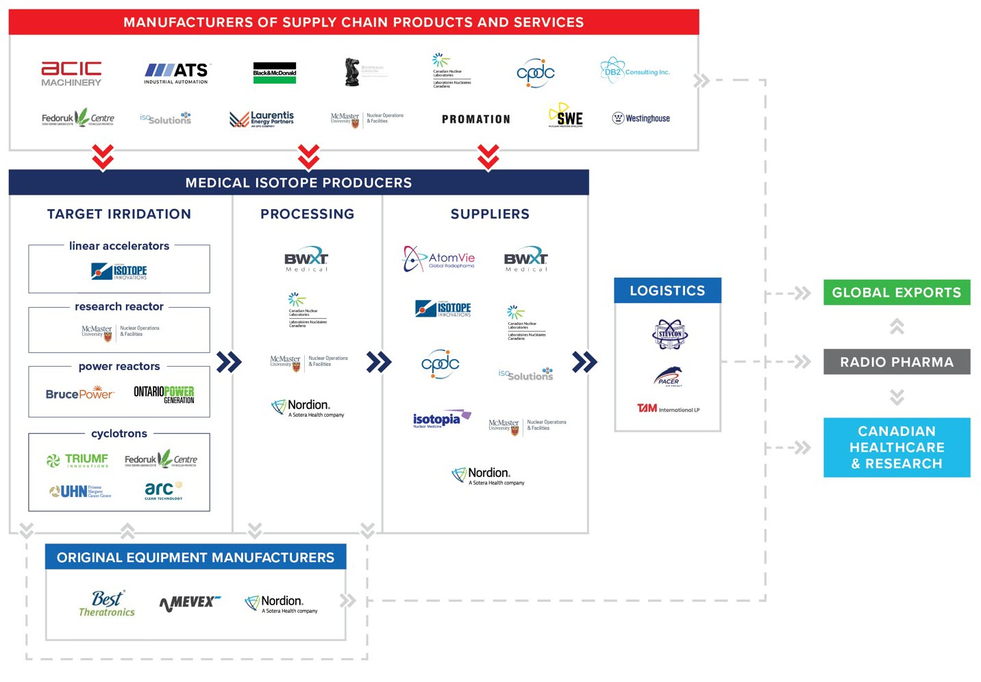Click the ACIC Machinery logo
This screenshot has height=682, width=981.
click(x=71, y=73)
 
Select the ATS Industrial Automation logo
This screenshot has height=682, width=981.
click(x=176, y=73)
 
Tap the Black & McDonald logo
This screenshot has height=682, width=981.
click(x=275, y=73)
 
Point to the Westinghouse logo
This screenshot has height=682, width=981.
click(x=641, y=118)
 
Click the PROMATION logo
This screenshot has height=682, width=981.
click(x=476, y=119)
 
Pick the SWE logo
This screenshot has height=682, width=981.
click(x=566, y=116)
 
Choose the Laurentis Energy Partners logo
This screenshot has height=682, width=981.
click(x=262, y=119)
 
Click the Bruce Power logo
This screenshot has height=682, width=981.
click(x=79, y=394)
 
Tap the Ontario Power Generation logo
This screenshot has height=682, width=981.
click(x=164, y=394)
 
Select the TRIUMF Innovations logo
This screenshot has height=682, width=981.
click(x=77, y=460)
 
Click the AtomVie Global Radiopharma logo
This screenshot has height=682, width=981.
click(x=439, y=259)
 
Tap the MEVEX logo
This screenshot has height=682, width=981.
click(x=190, y=602)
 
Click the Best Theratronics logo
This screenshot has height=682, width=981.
click(x=107, y=603)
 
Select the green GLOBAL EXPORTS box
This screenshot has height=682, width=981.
click(x=896, y=293)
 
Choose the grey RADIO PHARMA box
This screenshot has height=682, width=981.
click(x=896, y=362)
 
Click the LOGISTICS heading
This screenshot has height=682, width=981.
click(x=667, y=291)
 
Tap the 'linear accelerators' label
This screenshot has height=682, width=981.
click(x=119, y=246)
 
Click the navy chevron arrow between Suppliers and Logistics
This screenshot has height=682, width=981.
click(x=584, y=362)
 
